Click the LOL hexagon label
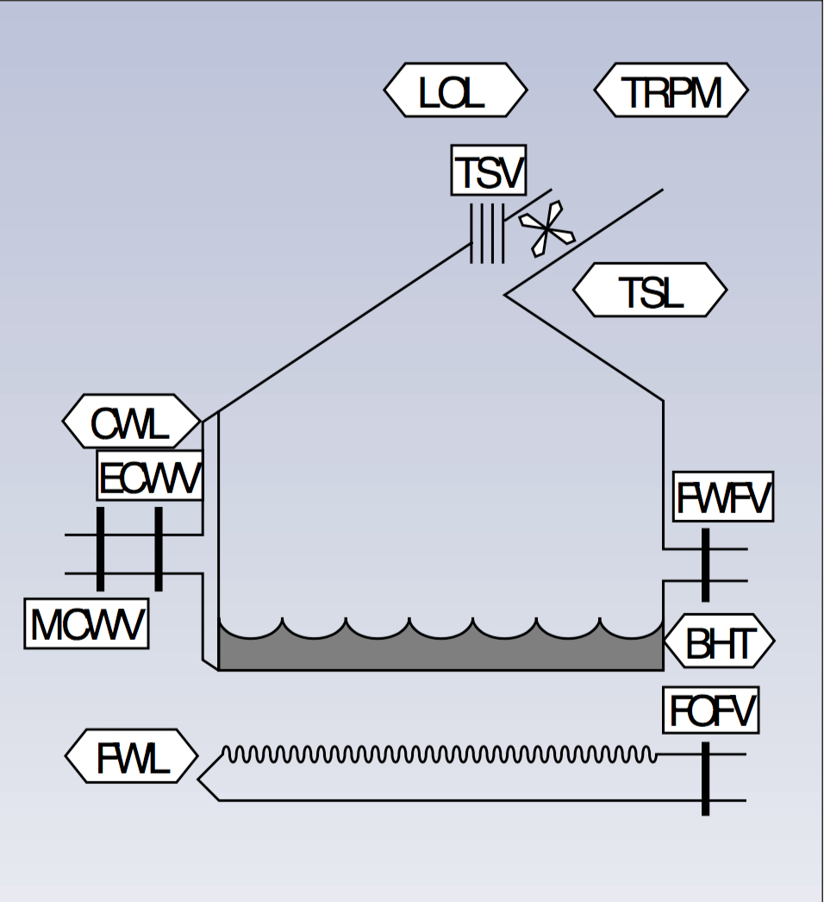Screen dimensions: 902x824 pyautogui.click(x=455, y=91)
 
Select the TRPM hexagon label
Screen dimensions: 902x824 pyautogui.click(x=671, y=91)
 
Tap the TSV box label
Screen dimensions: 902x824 pyautogui.click(x=489, y=170)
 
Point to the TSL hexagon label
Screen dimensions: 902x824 pyautogui.click(x=650, y=291)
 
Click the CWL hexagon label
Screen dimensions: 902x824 pyautogui.click(x=131, y=422)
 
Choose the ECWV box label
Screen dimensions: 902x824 pyautogui.click(x=150, y=475)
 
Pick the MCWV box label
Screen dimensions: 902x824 pyautogui.click(x=86, y=623)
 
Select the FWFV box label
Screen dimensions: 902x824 pyautogui.click(x=723, y=497)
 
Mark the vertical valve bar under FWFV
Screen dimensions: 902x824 pyautogui.click(x=705, y=565)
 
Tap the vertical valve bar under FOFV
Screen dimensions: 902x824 pyautogui.click(x=705, y=777)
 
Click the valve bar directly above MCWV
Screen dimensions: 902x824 pyautogui.click(x=101, y=549)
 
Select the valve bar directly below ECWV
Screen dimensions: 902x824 pyautogui.click(x=159, y=549)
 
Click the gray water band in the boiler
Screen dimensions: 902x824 pyautogui.click(x=440, y=653)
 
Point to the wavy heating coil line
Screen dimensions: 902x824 pyautogui.click(x=440, y=755)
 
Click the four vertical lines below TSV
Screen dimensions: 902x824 pyautogui.click(x=487, y=234)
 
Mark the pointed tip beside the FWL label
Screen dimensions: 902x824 pyautogui.click(x=200, y=780)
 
